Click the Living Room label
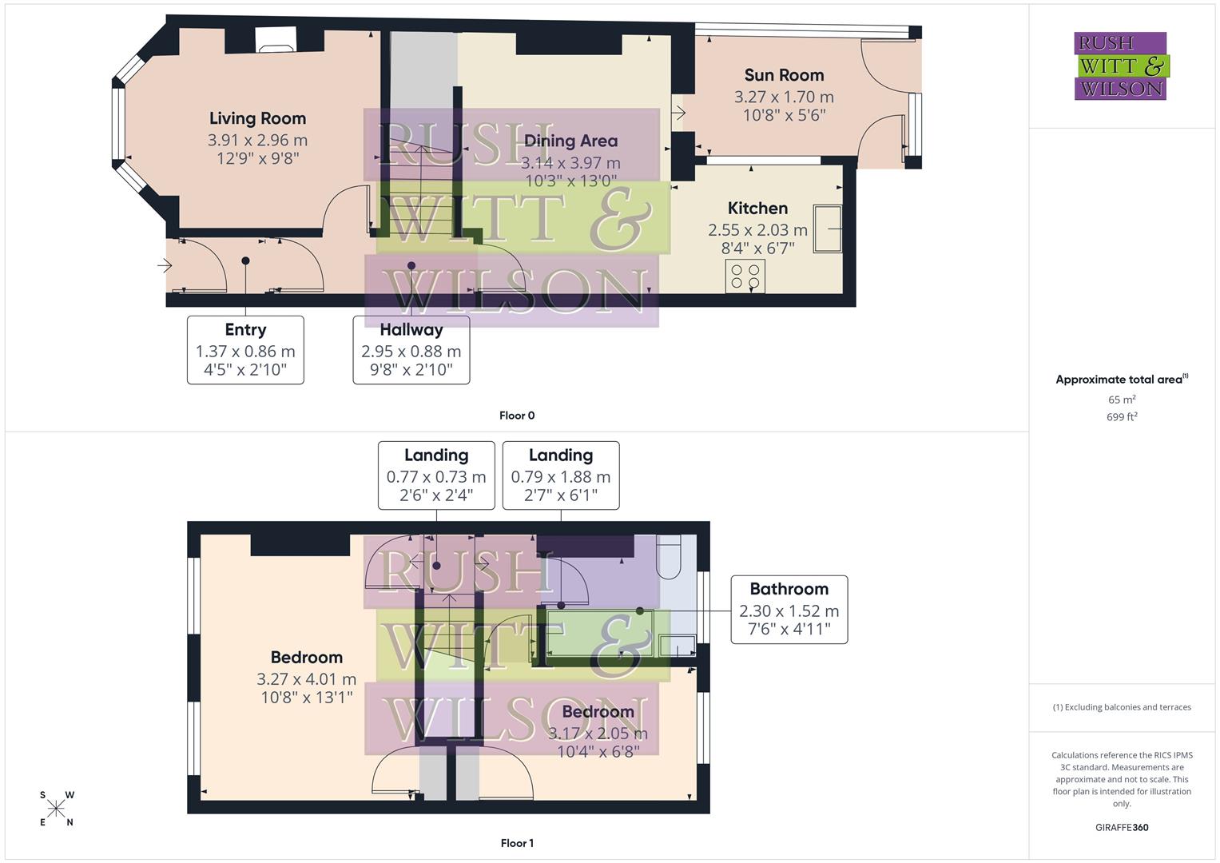(x=257, y=118)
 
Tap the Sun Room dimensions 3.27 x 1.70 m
(x=783, y=97)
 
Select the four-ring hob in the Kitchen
(x=745, y=276)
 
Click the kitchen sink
(x=827, y=229)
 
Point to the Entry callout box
(x=245, y=350)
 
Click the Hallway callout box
(x=411, y=350)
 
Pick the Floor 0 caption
(x=517, y=416)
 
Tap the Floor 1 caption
(x=517, y=843)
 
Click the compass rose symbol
(x=56, y=809)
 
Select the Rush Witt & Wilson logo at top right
(x=1120, y=66)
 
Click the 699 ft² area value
(x=1121, y=417)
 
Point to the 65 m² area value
(x=1121, y=400)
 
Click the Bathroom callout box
(x=789, y=609)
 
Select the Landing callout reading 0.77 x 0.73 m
(x=435, y=475)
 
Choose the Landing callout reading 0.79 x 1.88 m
(x=560, y=475)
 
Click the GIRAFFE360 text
(x=1121, y=828)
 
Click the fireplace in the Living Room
(x=276, y=41)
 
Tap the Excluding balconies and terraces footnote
(x=1121, y=707)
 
